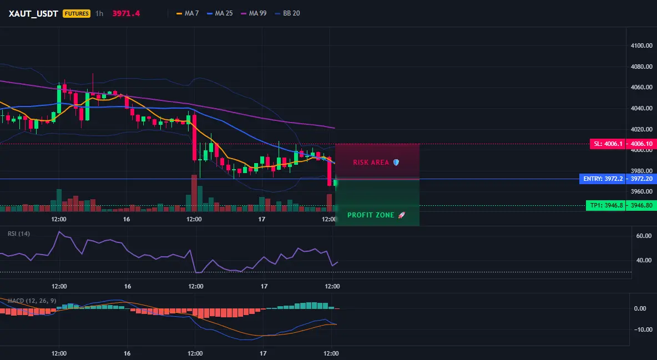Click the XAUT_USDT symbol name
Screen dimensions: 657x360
pos(33,13)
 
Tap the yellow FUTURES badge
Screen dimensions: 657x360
pos(76,13)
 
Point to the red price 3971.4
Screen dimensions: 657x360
pos(126,13)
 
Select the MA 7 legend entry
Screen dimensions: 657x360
pos(188,13)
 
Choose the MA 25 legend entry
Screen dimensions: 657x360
pos(220,13)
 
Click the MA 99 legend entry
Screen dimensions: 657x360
pos(254,13)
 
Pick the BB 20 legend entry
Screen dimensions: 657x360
pos(287,13)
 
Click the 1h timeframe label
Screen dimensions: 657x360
pos(99,13)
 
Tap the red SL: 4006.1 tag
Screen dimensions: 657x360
pos(608,144)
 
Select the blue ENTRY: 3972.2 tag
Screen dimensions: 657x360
pos(603,179)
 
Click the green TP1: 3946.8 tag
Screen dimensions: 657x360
pos(606,205)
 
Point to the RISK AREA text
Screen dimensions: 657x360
pos(371,162)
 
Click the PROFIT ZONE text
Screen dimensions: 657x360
pos(371,215)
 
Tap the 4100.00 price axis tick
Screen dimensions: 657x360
pos(641,45)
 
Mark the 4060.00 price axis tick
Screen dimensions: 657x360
pos(641,87)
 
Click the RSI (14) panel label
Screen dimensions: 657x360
pos(19,234)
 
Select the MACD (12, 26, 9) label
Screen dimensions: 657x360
pos(32,301)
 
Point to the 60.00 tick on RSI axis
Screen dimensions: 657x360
pos(644,236)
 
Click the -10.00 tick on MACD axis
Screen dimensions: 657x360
pos(643,329)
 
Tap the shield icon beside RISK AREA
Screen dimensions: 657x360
pos(396,162)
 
